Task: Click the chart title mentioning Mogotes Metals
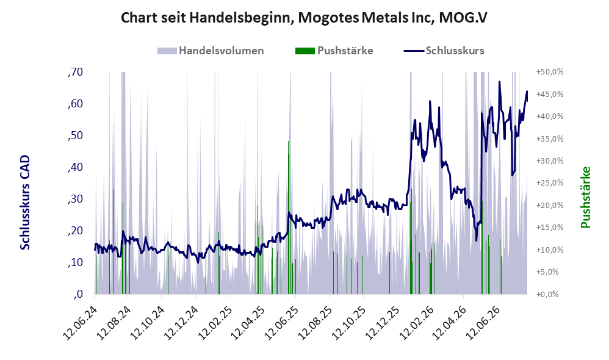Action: click(304, 18)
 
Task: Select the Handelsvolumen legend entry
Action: click(211, 51)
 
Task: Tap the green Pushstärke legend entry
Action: click(334, 51)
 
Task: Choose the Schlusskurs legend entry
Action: click(444, 51)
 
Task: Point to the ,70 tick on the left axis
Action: click(75, 72)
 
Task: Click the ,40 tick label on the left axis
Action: click(75, 167)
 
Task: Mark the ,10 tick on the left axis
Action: click(75, 262)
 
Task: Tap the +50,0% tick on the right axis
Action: click(550, 72)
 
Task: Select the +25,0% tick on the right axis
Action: click(550, 183)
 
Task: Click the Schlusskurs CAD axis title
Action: click(25, 203)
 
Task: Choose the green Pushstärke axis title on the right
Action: click(586, 197)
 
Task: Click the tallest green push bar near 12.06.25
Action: click(288, 217)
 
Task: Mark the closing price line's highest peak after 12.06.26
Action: click(500, 82)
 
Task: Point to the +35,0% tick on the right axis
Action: click(550, 139)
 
